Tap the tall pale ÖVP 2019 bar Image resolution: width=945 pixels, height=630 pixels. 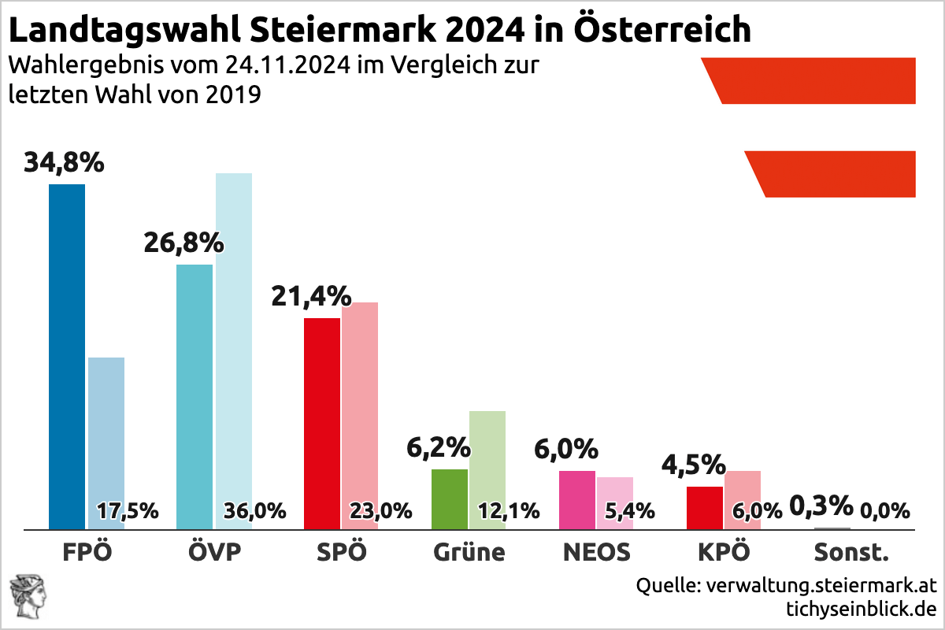click(233, 339)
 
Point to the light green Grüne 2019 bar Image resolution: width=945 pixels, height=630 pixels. click(487, 457)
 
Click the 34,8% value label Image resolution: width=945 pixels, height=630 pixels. click(64, 163)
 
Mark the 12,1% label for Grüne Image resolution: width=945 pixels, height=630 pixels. click(509, 511)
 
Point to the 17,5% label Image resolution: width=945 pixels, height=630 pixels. click(127, 511)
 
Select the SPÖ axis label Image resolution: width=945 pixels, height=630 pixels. click(341, 552)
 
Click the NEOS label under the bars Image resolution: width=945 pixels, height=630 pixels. click(597, 552)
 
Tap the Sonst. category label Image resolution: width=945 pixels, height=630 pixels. click(850, 552)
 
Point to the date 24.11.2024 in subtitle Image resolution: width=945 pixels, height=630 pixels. click(280, 65)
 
